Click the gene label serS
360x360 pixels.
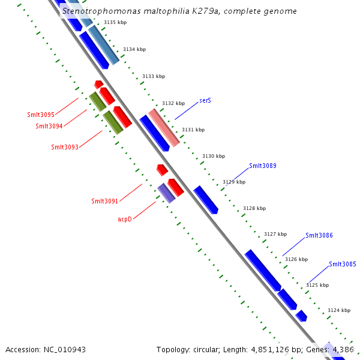click(x=205, y=101)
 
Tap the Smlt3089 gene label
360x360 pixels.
click(x=262, y=166)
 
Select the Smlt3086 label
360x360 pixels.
click(x=319, y=235)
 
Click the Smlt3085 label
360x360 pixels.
click(x=342, y=264)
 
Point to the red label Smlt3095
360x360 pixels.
click(x=41, y=115)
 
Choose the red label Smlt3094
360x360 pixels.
click(x=49, y=126)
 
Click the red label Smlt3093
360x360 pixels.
click(x=65, y=147)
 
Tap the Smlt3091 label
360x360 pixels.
click(x=104, y=201)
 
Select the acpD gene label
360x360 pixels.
click(x=124, y=219)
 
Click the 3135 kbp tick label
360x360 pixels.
click(x=115, y=22)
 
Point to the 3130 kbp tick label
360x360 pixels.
click(x=213, y=156)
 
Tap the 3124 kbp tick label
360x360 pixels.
click(x=338, y=310)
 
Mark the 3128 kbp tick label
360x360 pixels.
click(x=254, y=208)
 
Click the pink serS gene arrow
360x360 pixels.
click(x=164, y=127)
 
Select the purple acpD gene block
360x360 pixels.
click(x=166, y=193)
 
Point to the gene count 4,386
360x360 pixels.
click(x=343, y=349)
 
